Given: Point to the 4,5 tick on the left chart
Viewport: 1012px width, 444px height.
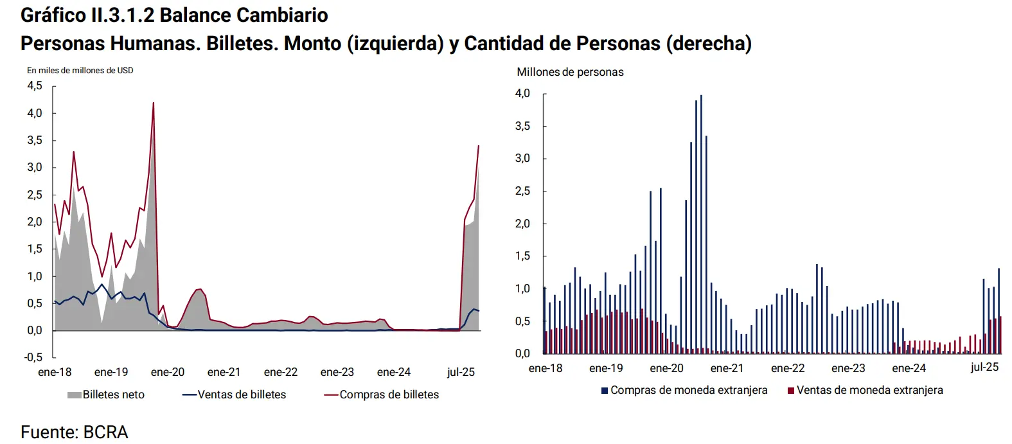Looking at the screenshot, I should [x=35, y=85].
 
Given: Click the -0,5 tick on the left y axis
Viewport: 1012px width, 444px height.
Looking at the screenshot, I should [x=33, y=357].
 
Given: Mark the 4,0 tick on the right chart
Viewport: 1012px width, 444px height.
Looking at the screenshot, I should [x=522, y=94].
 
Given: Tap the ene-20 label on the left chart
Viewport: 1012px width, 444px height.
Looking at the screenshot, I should [x=168, y=372].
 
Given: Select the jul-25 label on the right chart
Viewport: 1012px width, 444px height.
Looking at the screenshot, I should [x=984, y=367].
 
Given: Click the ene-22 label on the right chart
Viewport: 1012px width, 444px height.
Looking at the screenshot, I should [x=788, y=368].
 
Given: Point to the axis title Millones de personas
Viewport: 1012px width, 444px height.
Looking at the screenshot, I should [x=570, y=72].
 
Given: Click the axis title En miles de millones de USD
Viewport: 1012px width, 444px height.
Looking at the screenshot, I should [x=80, y=70].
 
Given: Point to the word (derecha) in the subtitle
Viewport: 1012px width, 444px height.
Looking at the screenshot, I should [x=709, y=43].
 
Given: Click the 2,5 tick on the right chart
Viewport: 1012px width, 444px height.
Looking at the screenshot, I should [x=522, y=191].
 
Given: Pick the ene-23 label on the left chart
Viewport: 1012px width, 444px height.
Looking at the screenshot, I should [x=337, y=372].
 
